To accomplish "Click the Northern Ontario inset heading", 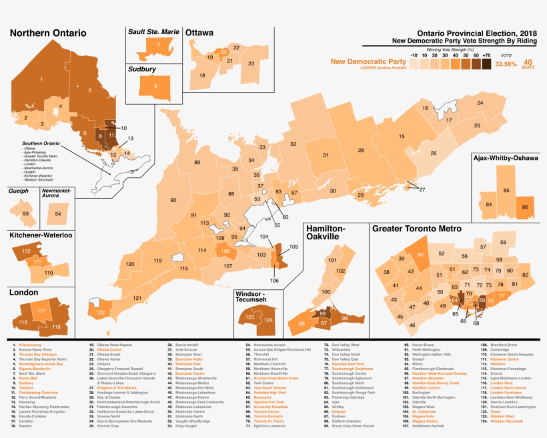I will [47, 33].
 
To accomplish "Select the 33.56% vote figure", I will [506, 64].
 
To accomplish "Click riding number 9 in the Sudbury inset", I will [155, 85].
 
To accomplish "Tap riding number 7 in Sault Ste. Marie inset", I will [157, 45].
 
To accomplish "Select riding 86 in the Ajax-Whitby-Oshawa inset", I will [526, 208].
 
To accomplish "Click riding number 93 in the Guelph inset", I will [26, 213].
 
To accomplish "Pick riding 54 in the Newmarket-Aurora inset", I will [58, 213].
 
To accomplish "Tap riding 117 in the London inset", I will [41, 311].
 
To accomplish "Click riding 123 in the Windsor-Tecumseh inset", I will [249, 317].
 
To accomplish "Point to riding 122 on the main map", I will [100, 312].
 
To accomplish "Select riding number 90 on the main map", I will [173, 200].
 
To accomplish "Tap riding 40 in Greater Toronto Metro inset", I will [420, 254].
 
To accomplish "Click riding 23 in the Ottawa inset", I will [251, 64].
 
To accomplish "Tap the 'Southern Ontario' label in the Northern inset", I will [40, 143].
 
